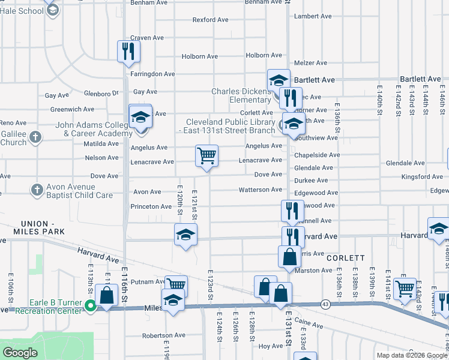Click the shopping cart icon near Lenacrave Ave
[x=206, y=156]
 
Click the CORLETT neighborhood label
[x=346, y=257]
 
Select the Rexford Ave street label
[x=210, y=20]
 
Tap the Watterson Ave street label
[x=260, y=190]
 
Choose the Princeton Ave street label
[x=151, y=206]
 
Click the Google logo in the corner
[x=20, y=353]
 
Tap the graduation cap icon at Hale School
[x=53, y=10]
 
